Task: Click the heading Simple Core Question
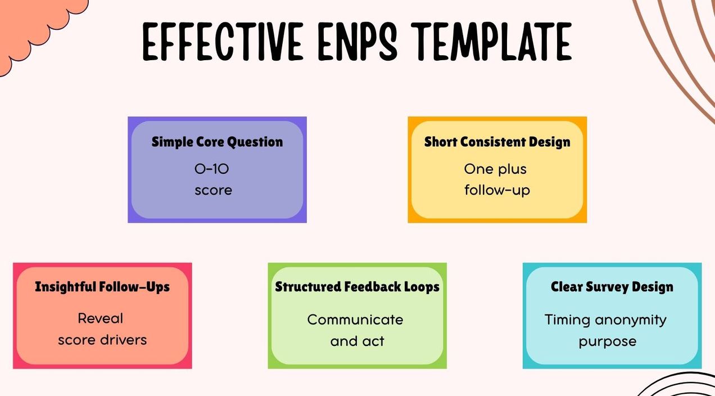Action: (217, 142)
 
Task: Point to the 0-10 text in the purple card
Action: (212, 168)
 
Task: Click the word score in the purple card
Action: (213, 190)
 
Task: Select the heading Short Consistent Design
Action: (497, 142)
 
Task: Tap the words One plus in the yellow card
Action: (495, 169)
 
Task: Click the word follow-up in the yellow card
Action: (497, 191)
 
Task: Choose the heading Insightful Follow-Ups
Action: (102, 287)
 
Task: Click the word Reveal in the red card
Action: (101, 318)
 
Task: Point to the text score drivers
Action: (102, 340)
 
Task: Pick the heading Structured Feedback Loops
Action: (357, 287)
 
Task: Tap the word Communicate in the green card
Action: (355, 319)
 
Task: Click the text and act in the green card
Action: (357, 341)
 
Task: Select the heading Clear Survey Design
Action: (612, 287)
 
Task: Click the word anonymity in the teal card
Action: (631, 320)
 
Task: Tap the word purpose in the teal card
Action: (608, 341)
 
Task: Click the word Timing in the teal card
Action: (567, 320)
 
